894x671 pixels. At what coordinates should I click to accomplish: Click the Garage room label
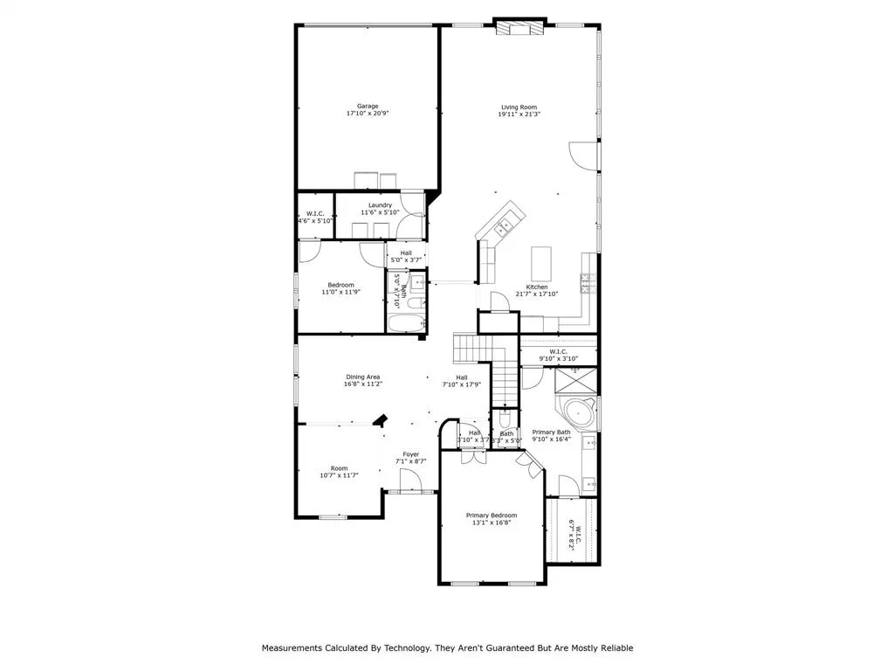click(367, 106)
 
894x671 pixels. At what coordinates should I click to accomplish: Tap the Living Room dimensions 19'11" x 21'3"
click(519, 114)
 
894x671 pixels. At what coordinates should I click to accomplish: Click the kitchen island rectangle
click(542, 261)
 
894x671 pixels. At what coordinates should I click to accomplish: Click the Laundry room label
click(380, 205)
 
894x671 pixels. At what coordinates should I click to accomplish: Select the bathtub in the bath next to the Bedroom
click(405, 325)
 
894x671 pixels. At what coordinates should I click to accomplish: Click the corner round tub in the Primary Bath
click(578, 413)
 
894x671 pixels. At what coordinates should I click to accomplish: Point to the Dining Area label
click(362, 377)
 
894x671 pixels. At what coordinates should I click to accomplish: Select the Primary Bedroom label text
click(492, 515)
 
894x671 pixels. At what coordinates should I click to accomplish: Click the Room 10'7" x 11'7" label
click(339, 468)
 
